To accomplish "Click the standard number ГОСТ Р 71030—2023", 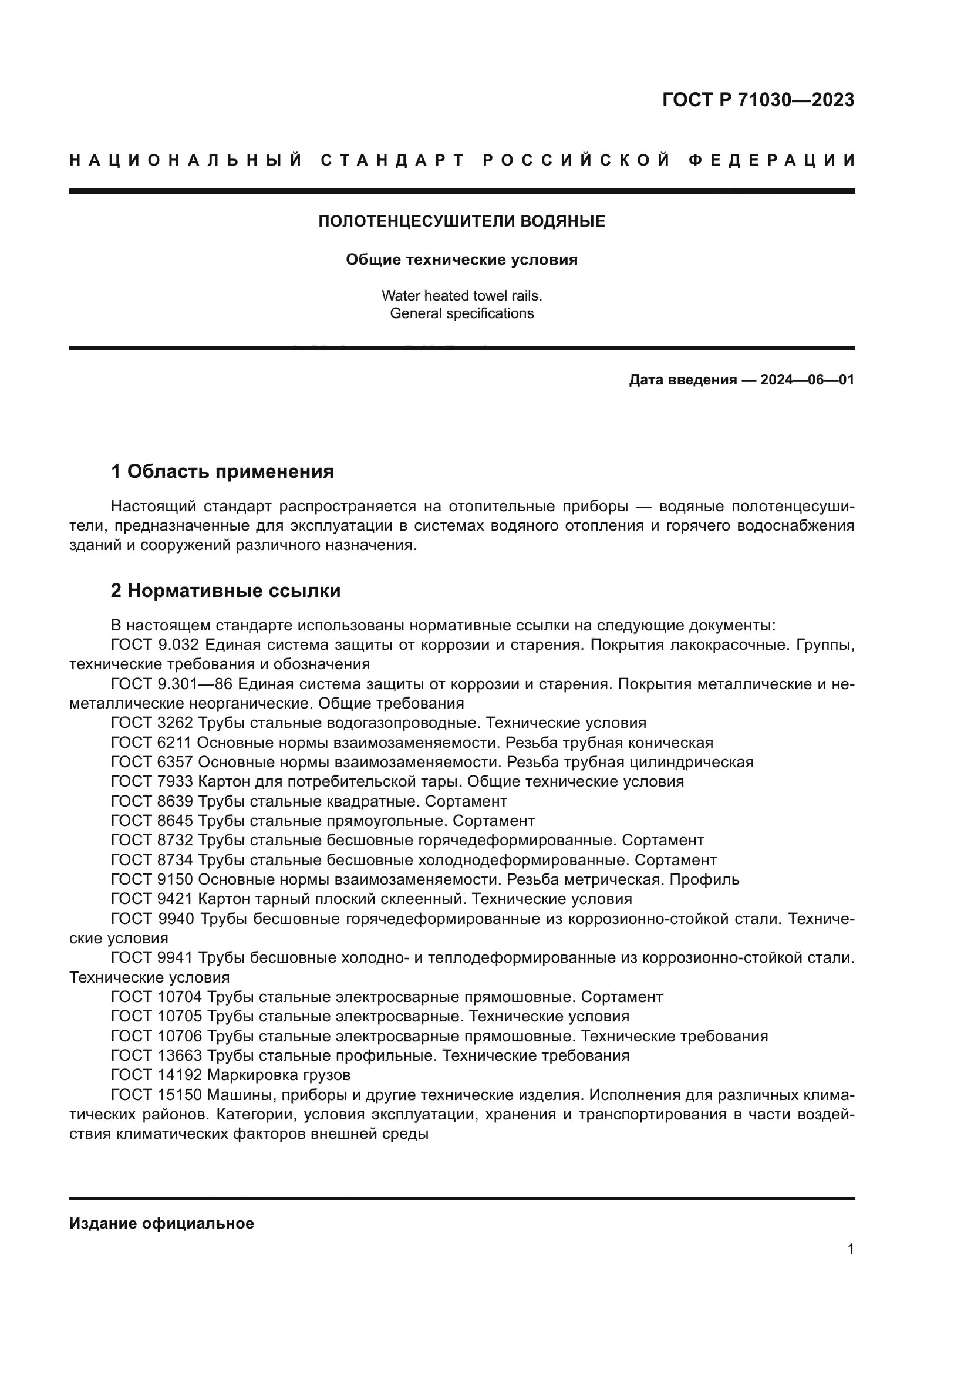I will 758,100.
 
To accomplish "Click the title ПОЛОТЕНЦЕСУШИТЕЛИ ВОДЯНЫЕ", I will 461,222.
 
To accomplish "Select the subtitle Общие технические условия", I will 461,260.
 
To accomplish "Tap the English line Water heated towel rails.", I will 461,295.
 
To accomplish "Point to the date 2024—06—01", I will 807,380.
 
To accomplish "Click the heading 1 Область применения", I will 222,472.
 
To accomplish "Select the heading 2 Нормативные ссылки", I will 226,591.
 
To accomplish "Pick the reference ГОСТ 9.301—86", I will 171,684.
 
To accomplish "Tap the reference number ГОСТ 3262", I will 152,723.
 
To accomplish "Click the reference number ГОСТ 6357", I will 152,763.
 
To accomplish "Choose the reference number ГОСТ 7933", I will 152,781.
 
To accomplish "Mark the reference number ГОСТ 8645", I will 152,821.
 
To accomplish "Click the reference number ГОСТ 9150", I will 152,880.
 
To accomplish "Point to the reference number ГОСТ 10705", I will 157,1017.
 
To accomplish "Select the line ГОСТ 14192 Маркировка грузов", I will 231,1075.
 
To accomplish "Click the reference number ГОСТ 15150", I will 157,1095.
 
